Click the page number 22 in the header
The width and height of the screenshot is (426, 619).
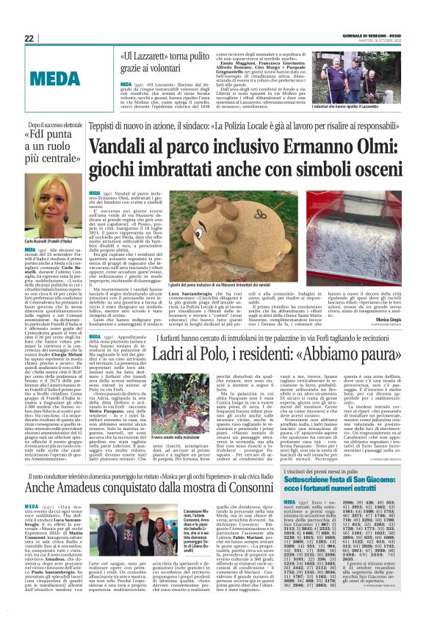tap(29, 38)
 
